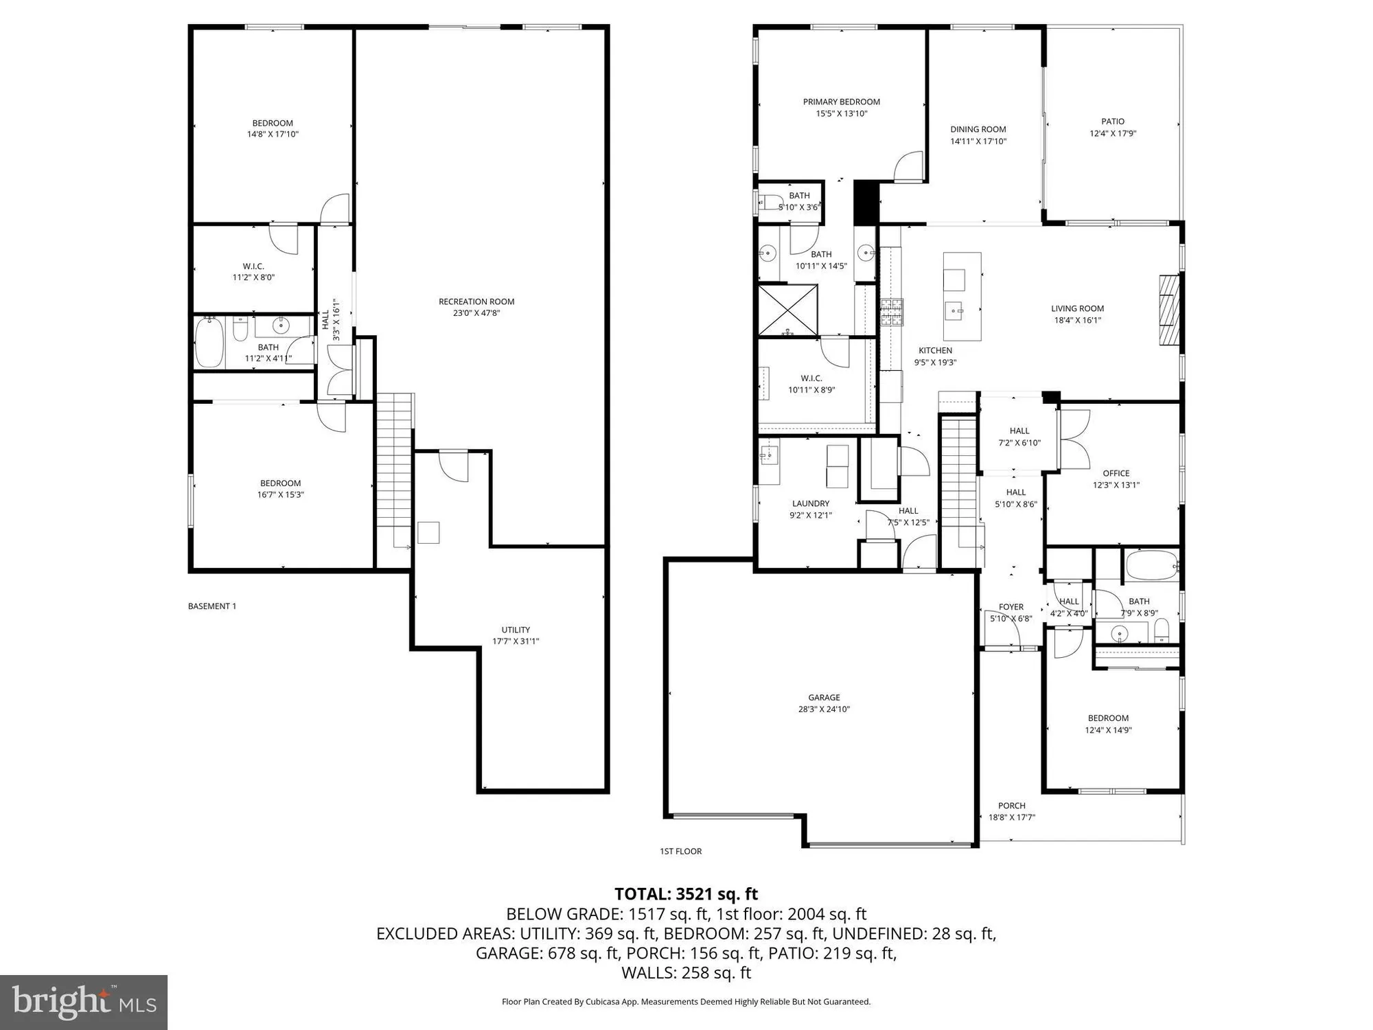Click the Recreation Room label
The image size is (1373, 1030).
tap(476, 301)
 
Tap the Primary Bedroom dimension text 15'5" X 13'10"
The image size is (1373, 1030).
tap(842, 114)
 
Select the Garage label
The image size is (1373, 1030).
tap(824, 698)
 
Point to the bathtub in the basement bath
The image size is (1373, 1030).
tap(209, 343)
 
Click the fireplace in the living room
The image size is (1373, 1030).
tap(1168, 310)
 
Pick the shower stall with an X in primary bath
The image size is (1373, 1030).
tap(788, 310)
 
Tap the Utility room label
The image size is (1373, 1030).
tap(516, 630)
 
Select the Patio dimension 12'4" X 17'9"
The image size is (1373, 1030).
tap(1113, 134)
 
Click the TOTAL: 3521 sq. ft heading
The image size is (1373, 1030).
tap(686, 894)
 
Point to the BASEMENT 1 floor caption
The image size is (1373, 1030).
tap(212, 606)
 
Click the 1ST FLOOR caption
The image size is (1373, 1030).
tap(681, 851)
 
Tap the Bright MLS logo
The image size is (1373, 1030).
tap(84, 1003)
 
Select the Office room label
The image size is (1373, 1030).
tap(1116, 473)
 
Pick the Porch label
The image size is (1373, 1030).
tap(1012, 805)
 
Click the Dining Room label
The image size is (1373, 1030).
tap(978, 129)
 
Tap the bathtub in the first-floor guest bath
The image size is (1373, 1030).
tap(1151, 566)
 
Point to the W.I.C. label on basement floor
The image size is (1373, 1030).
tap(253, 266)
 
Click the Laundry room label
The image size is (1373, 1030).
tap(811, 503)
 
